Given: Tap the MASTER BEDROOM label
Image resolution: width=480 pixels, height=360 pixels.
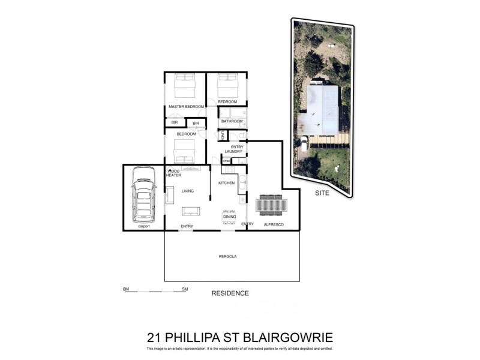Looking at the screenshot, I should click(185, 107).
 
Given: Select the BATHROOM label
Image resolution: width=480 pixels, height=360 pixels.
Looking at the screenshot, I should click(232, 121).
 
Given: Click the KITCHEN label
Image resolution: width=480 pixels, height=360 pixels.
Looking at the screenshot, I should click(226, 182).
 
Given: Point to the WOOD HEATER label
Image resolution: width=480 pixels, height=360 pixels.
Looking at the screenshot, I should click(173, 173).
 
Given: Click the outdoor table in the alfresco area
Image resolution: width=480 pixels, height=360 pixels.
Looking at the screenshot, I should click(272, 205).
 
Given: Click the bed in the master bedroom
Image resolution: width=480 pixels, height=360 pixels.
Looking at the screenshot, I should click(185, 86).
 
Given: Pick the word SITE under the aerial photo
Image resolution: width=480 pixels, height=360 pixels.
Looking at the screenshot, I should click(322, 194).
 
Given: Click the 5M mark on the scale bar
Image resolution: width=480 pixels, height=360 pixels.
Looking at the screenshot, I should click(185, 289).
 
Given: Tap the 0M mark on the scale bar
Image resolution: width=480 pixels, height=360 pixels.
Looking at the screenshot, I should click(126, 289).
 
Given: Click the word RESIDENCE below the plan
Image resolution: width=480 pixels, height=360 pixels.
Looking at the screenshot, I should click(230, 293).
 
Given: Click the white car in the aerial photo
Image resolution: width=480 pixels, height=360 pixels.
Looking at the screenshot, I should click(304, 143).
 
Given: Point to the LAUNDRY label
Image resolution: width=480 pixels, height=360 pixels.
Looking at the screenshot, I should click(233, 152).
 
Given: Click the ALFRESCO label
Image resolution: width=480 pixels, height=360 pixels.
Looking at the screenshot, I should click(273, 224).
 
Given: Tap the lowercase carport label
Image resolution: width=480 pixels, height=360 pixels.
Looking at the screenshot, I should click(143, 226).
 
